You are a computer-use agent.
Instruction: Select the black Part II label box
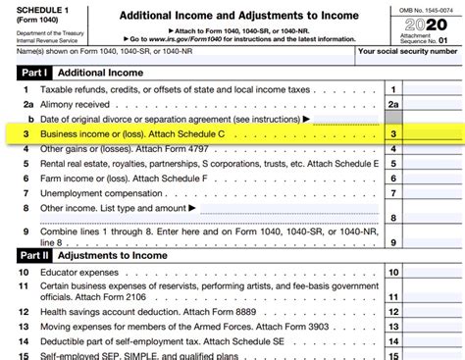point(34,253)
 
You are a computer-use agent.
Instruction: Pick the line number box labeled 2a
point(393,102)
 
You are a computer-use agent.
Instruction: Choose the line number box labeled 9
point(393,232)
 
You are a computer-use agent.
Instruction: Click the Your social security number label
point(408,52)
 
